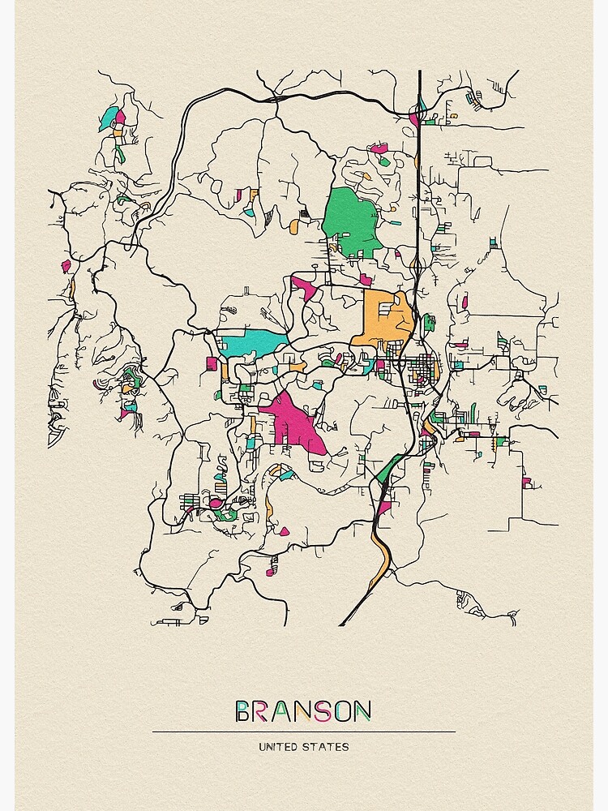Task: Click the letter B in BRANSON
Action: click(243, 712)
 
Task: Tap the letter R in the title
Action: click(261, 712)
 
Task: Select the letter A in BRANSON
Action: click(280, 712)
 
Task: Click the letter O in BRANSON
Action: click(341, 712)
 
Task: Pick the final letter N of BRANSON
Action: click(362, 712)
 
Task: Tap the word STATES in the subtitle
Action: click(328, 746)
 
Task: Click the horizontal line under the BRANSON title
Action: click(303, 732)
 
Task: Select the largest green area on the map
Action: click(350, 219)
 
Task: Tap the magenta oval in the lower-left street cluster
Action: click(216, 504)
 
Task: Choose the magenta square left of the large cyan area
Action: click(212, 363)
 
